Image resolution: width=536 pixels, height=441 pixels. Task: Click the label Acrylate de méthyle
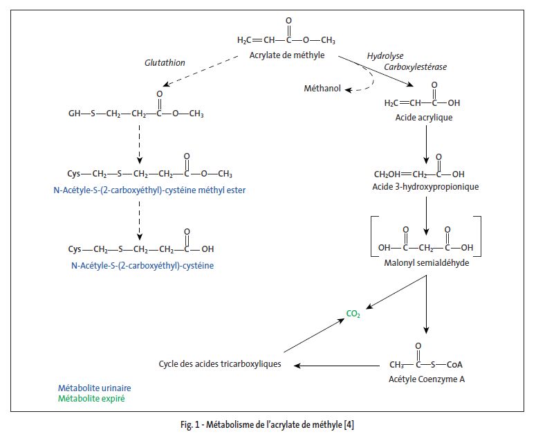(x=287, y=55)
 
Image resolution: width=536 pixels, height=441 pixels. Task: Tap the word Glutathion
(x=165, y=62)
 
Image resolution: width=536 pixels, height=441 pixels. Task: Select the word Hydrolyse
(x=385, y=55)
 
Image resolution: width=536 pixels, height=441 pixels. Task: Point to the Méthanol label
(x=322, y=88)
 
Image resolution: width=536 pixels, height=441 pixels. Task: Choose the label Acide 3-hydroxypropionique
(x=426, y=186)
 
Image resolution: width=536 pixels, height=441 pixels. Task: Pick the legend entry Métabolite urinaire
(x=95, y=388)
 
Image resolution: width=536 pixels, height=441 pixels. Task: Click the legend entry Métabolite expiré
(x=91, y=398)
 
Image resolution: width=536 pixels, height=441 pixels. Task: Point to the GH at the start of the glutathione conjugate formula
(x=74, y=113)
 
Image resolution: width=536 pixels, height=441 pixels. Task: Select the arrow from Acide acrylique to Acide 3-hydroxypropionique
(x=426, y=147)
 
